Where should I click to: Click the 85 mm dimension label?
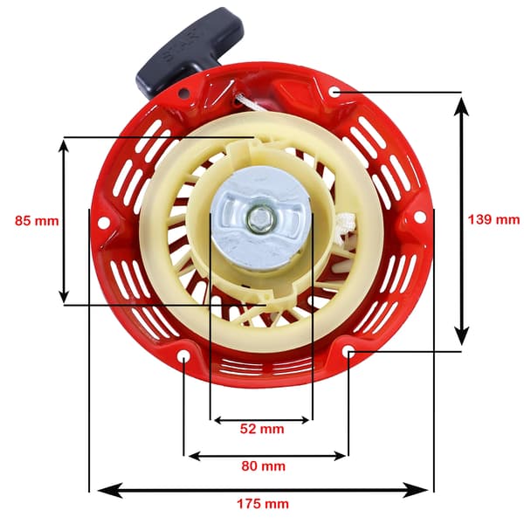click(37, 221)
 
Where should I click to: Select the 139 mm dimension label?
click(493, 219)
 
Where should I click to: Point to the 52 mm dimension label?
click(262, 429)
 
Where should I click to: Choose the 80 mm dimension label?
click(264, 465)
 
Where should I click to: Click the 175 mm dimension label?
click(263, 504)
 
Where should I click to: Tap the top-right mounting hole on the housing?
click(334, 92)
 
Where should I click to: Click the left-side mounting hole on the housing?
click(104, 222)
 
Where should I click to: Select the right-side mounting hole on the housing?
click(420, 217)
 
